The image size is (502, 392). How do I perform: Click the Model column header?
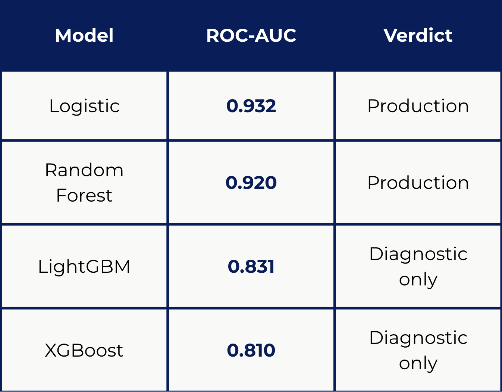(84, 35)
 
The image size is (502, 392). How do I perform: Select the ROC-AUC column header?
(251, 35)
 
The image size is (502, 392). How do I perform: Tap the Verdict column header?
(418, 35)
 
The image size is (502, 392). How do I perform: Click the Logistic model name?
(84, 106)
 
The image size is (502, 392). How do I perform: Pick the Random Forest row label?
(84, 183)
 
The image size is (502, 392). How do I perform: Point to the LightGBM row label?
(84, 267)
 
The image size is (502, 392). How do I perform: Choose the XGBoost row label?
(84, 350)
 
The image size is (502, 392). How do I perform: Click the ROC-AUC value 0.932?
(251, 106)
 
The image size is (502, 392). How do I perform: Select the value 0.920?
(251, 183)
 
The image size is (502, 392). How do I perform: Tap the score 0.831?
(251, 266)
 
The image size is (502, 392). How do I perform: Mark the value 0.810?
(251, 350)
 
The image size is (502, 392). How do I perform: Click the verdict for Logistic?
(418, 106)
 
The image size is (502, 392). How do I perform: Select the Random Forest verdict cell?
(418, 183)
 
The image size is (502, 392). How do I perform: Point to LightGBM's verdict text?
(418, 267)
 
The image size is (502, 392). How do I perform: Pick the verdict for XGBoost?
(418, 351)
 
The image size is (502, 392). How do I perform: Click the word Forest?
(84, 195)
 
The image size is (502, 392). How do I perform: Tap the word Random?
(84, 170)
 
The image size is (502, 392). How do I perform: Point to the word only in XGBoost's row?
(418, 364)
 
